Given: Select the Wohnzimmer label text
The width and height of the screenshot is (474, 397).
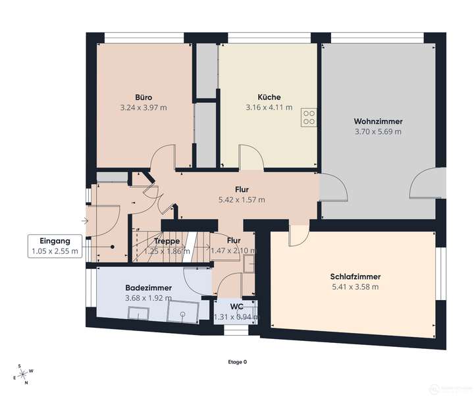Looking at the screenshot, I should point(378,121).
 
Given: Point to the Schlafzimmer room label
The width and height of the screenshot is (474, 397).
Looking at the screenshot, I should point(355,276).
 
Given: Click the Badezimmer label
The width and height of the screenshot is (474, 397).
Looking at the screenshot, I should point(149,288).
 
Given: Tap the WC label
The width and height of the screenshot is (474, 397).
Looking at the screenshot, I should point(236,307).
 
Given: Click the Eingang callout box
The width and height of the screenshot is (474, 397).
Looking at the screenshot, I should point(54,245).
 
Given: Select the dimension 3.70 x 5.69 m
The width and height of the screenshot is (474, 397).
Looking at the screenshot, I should point(378,131).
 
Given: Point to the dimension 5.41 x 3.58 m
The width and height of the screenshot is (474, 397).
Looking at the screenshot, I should point(355,287).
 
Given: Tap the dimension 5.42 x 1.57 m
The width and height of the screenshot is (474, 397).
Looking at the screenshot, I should point(242,199).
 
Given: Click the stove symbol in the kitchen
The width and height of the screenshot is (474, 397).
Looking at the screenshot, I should point(308,117).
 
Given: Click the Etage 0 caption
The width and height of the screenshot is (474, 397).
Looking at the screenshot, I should point(237,362).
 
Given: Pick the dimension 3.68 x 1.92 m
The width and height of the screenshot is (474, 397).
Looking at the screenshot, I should point(149,298).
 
